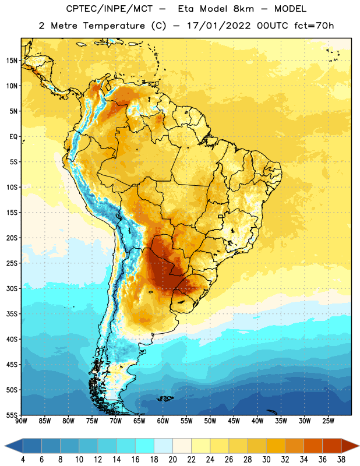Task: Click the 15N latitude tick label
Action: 12,61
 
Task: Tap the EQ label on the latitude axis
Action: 13,137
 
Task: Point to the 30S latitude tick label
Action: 12,288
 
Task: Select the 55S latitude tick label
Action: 12,415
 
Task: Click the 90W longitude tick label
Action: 21,421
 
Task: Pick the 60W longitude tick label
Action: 163,421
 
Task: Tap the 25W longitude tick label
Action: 328,421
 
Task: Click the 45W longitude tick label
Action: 234,421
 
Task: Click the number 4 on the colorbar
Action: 23,460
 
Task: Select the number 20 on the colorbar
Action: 172,460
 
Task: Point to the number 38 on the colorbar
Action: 341,460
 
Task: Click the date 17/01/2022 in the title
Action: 219,26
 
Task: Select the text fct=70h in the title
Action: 314,26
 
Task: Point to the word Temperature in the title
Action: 114,26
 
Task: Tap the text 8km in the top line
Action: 243,9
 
